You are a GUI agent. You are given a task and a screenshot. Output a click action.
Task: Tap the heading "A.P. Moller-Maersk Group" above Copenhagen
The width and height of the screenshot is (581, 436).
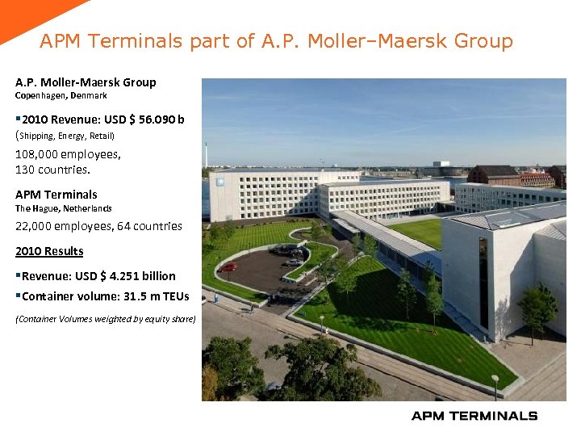(86, 82)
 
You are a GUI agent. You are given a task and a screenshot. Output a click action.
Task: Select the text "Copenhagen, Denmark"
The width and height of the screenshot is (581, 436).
(61, 96)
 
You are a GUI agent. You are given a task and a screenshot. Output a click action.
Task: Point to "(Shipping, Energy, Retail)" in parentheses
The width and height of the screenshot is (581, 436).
(65, 136)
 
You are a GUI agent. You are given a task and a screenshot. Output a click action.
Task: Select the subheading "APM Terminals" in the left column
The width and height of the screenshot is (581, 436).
(56, 195)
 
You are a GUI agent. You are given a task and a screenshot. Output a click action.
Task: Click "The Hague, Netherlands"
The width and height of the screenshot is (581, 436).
(64, 208)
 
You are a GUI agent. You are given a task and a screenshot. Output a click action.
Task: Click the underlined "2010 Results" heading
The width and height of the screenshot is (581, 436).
(49, 251)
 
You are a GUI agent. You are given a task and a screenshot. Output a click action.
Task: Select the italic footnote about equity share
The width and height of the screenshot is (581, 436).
(106, 319)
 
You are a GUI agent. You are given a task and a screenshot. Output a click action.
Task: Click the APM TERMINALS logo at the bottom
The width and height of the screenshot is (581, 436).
(474, 416)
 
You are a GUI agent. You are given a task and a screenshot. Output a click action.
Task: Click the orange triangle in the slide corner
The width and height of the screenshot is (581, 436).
(32, 16)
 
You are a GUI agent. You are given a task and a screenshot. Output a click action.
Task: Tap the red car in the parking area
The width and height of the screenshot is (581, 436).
(229, 266)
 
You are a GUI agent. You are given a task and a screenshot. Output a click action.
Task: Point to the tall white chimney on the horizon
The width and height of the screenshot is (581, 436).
(207, 154)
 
